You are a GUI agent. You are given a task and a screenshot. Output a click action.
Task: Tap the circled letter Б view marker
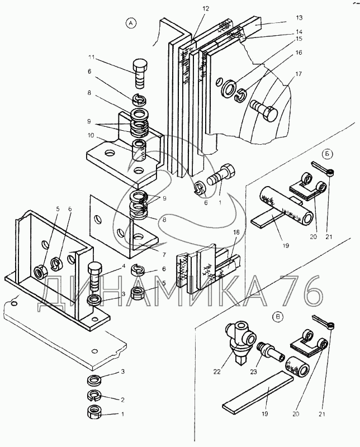click(327, 154)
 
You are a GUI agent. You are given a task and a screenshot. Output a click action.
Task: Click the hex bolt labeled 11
click(140, 73)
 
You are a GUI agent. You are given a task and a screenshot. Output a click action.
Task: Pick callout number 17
click(299, 73)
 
